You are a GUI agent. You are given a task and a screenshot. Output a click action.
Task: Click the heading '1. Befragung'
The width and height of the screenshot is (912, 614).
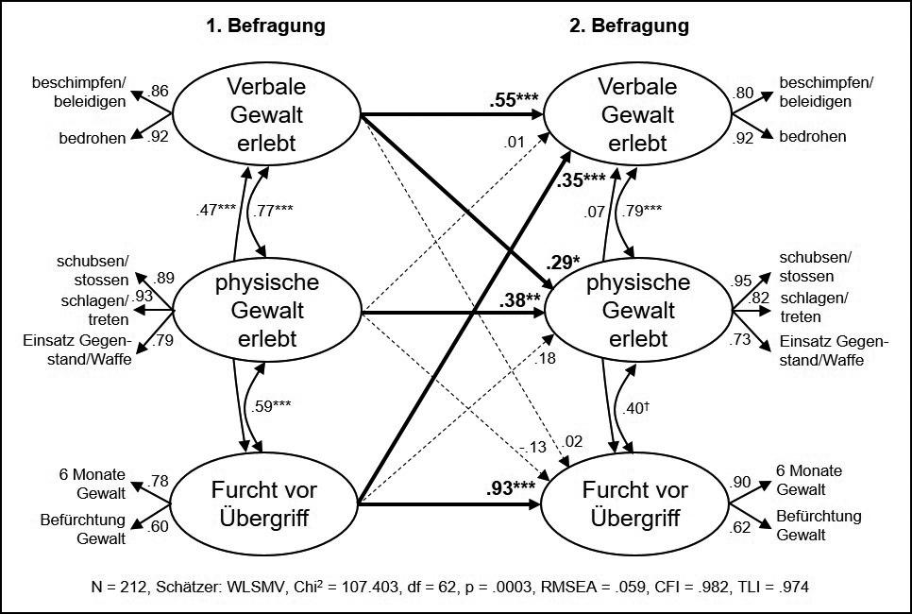pos(265,26)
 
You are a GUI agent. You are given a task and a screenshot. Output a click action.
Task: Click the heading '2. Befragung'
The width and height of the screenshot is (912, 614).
pos(630,26)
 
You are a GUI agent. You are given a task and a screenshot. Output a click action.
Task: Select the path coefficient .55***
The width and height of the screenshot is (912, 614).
pos(515,99)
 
